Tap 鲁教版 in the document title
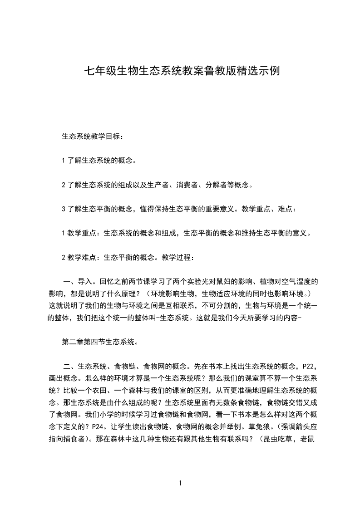pos(215,71)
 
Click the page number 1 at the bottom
pos(180,484)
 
